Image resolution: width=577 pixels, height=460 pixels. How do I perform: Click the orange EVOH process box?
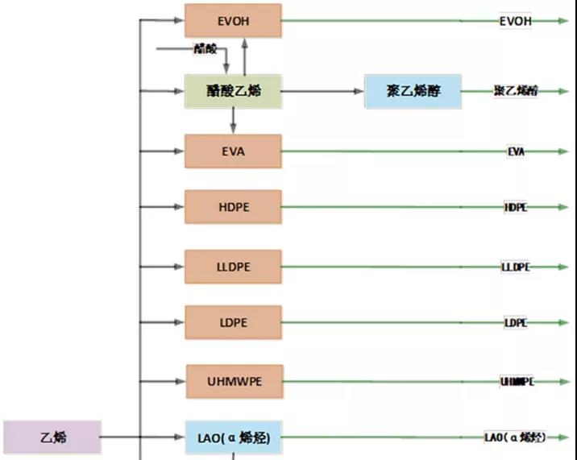pos(233,20)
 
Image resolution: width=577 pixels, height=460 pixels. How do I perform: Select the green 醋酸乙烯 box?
pos(233,91)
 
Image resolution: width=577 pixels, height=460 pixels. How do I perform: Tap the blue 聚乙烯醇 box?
pos(413,91)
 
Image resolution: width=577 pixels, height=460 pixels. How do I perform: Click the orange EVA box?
pos(233,151)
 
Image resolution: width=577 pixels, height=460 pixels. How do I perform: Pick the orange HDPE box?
pos(233,207)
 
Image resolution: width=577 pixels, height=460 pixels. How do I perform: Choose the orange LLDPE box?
pos(233,267)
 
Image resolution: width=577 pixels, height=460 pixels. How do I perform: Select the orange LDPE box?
pos(233,322)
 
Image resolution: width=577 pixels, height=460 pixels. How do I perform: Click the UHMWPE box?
pos(235,381)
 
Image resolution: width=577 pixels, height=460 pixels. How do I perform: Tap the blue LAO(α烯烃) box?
pos(234,437)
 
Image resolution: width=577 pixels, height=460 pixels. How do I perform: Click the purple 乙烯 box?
pos(53,437)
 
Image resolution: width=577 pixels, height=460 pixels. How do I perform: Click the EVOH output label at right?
pos(516,21)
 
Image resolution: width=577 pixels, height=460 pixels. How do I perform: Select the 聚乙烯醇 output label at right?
pos(516,92)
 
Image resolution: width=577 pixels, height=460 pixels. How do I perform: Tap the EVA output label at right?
pos(516,151)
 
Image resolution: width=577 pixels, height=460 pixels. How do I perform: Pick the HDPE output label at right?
pos(516,207)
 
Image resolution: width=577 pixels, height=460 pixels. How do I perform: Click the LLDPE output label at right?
pos(516,267)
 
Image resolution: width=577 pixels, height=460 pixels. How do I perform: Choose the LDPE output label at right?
pos(516,322)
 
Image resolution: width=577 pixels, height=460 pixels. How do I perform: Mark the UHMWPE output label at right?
pos(517,381)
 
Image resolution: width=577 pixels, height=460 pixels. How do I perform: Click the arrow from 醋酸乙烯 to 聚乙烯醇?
pos(322,91)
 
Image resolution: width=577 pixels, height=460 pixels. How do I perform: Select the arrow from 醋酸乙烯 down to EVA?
pos(233,121)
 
